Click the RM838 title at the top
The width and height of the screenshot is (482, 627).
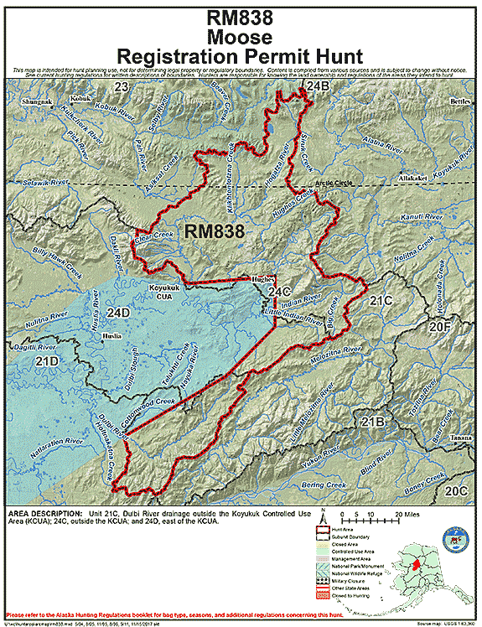click(x=241, y=17)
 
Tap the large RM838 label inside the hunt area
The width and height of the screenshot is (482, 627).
click(x=214, y=231)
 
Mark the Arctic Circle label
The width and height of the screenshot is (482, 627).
click(x=334, y=183)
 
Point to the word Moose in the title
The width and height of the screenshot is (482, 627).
click(x=241, y=37)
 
